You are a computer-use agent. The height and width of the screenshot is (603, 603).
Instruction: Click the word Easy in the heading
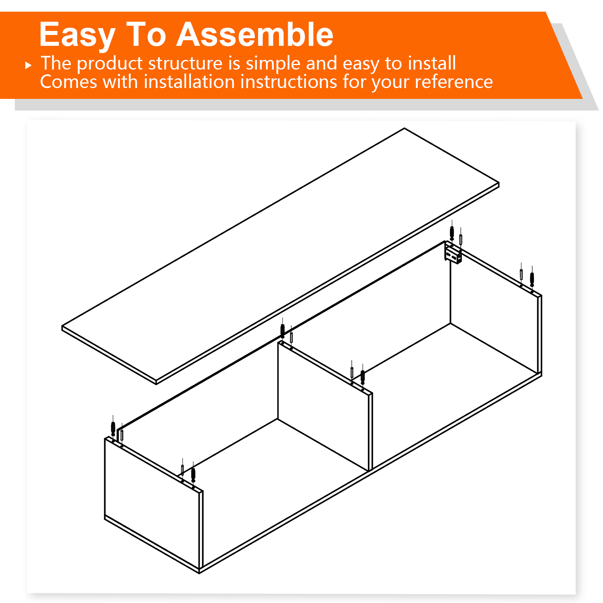pos(78,35)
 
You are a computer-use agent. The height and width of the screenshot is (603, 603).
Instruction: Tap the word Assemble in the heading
pos(255,35)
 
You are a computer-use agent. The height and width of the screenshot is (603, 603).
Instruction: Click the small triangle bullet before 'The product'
pos(28,65)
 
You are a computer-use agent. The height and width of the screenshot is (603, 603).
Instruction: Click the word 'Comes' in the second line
pos(69,82)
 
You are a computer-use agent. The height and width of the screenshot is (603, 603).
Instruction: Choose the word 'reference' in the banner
pos(453,82)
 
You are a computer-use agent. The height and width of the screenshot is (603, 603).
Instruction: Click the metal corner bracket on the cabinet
pos(453,255)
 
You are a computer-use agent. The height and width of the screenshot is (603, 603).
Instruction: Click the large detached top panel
pos(281,256)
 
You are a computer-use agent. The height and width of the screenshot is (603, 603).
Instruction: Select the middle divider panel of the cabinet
pos(325,406)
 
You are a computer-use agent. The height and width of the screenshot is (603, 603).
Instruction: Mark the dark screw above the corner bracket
pos(452,233)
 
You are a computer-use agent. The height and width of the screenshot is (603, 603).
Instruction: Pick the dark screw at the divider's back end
pos(283,331)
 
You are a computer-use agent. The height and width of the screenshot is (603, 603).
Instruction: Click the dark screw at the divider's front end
pos(363,377)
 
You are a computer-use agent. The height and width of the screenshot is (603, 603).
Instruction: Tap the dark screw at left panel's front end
pos(193,474)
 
